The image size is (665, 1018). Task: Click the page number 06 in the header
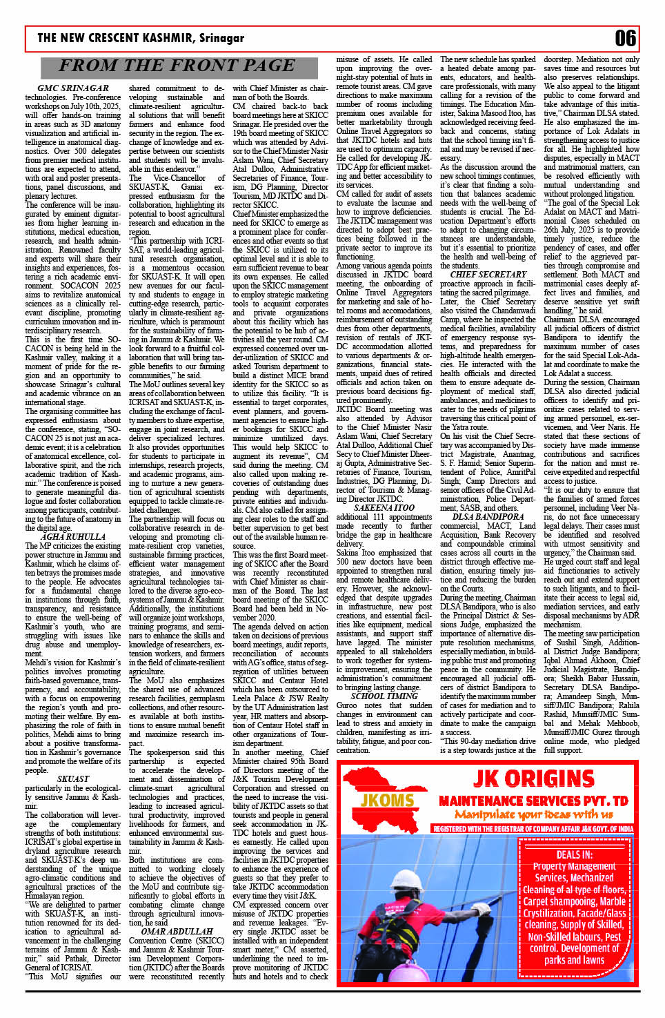(x=625, y=38)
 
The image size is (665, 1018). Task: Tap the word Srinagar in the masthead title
(x=222, y=38)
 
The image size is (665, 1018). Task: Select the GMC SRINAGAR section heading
(x=73, y=88)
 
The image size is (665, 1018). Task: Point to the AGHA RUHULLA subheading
(x=73, y=536)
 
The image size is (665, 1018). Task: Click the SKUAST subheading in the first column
(x=73, y=779)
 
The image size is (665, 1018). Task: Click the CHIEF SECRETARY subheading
(x=488, y=274)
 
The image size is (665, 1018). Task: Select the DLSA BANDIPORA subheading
(x=488, y=516)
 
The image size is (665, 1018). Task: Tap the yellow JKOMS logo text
(x=387, y=801)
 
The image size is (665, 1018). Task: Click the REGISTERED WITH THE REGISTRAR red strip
(x=533, y=829)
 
